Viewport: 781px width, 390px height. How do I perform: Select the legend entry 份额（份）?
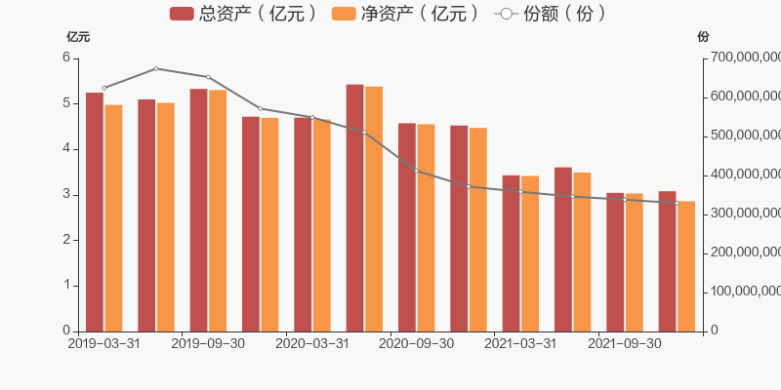[x=552, y=13]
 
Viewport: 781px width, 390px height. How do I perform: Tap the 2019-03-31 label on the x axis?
[x=103, y=343]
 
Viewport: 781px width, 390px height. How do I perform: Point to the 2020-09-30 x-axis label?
[x=416, y=343]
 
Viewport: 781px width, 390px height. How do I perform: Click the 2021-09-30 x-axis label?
[x=625, y=343]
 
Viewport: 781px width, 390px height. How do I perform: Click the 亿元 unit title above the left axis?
[x=78, y=37]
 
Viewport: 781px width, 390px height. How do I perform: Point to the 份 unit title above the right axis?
[x=704, y=37]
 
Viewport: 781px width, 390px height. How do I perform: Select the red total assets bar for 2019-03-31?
[x=94, y=212]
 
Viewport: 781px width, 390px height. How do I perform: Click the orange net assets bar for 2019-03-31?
[x=113, y=217]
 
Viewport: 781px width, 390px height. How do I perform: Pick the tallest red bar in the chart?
[x=354, y=208]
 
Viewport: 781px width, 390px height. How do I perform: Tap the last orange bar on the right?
[x=686, y=266]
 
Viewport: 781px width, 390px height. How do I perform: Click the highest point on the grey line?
[x=156, y=68]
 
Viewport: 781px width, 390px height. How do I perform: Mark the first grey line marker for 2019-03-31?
[x=103, y=88]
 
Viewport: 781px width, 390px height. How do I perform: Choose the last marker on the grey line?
[x=677, y=203]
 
